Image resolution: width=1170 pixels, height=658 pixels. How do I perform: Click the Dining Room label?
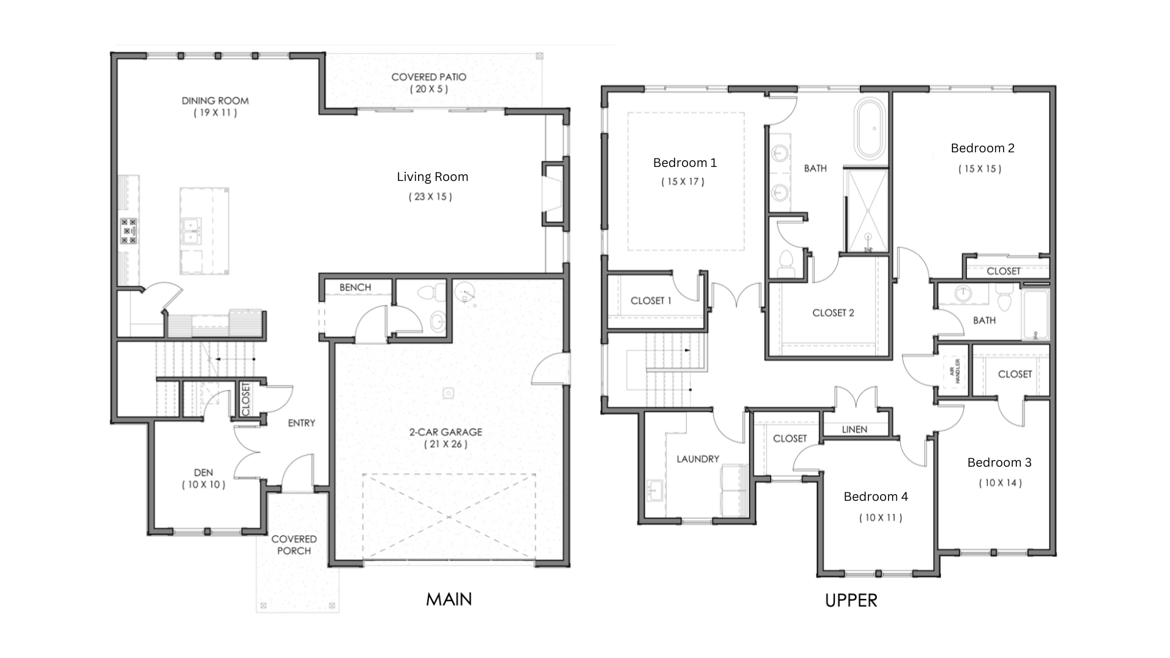tap(215, 101)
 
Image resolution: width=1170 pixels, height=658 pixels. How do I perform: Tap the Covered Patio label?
tap(429, 77)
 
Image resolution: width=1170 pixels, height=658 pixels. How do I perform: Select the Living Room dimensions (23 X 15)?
tap(430, 197)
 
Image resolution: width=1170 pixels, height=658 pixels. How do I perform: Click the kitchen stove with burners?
tap(129, 231)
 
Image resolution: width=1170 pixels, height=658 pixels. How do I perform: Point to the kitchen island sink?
tap(191, 231)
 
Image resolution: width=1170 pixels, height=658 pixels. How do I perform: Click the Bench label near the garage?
tap(355, 288)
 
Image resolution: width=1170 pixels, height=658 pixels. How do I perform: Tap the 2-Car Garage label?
tap(445, 432)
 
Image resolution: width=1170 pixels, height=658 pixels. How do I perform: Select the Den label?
tap(204, 473)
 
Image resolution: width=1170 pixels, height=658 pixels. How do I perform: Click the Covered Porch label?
tap(294, 545)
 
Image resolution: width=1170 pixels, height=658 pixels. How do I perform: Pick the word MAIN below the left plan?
tap(449, 600)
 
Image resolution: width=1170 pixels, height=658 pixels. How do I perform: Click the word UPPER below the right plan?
tap(851, 601)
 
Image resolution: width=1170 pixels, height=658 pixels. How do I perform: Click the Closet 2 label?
tap(833, 313)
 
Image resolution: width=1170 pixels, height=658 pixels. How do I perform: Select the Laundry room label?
tap(698, 459)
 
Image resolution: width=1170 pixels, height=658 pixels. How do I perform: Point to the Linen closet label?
tap(854, 430)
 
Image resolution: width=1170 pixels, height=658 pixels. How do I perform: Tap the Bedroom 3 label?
tap(999, 462)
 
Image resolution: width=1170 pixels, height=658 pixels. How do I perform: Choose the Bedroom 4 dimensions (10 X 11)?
tap(881, 518)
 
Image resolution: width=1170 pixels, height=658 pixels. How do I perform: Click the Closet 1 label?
tap(651, 301)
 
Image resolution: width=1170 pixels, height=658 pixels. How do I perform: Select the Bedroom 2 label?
tap(982, 148)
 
